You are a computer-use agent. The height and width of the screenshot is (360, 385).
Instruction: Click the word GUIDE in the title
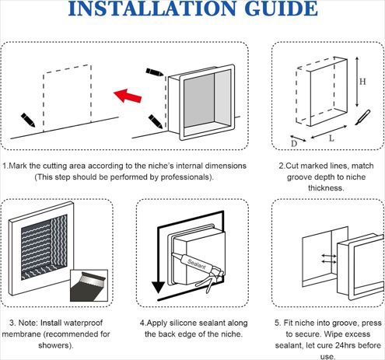point(281,9)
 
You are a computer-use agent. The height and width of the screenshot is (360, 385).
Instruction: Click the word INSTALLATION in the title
point(152,9)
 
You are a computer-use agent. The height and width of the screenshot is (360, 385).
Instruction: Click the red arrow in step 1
point(128,96)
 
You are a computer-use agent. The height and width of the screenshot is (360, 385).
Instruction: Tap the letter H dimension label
point(362,82)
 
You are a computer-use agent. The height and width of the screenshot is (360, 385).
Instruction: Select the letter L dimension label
point(331,138)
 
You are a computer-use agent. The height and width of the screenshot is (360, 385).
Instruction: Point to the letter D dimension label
point(294,143)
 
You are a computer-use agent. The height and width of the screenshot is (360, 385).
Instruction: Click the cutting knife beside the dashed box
point(362,117)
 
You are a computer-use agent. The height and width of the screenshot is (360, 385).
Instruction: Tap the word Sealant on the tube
point(197,264)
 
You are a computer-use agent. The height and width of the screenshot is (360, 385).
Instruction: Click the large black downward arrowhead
point(158,287)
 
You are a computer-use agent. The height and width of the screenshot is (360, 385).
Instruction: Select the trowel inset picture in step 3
point(89,285)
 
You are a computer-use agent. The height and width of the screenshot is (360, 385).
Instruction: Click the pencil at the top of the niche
point(155,72)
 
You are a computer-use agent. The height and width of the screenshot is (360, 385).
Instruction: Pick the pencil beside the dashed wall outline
point(28,120)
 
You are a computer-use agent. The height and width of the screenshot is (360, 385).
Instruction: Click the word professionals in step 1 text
point(185,177)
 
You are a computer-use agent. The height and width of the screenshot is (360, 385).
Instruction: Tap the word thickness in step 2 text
point(325,188)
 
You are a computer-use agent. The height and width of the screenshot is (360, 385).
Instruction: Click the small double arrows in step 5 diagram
point(329,259)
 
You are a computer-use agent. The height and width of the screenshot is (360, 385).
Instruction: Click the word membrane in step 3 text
point(22,334)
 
